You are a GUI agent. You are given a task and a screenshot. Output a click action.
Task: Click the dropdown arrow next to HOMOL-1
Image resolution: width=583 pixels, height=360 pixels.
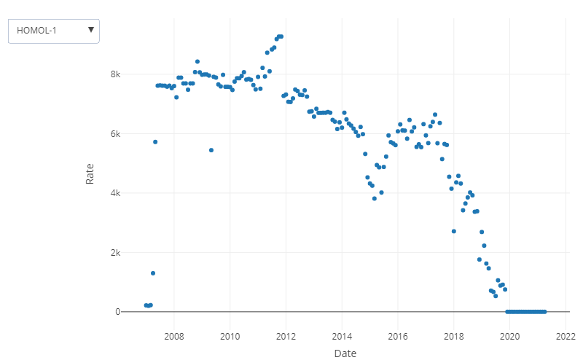click(x=90, y=30)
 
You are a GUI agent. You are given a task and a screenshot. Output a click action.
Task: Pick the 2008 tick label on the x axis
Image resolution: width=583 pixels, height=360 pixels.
click(x=174, y=336)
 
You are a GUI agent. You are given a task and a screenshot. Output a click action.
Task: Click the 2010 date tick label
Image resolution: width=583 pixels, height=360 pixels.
click(x=230, y=336)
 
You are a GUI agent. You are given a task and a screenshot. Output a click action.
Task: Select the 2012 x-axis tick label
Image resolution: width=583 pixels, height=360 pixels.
click(x=286, y=336)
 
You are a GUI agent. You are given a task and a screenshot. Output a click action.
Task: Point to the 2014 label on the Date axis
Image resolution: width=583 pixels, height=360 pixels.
click(x=342, y=336)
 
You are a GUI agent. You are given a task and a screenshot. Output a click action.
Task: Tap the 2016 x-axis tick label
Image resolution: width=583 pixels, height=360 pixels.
click(x=398, y=336)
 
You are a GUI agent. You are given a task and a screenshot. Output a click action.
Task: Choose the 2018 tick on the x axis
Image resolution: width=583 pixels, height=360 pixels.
click(x=454, y=336)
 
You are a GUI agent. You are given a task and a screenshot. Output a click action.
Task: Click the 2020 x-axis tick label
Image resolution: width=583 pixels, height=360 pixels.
click(x=510, y=336)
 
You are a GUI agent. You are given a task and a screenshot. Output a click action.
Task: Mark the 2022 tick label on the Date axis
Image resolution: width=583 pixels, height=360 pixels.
click(x=566, y=336)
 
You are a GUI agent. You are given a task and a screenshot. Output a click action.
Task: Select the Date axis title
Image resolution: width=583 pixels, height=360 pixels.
click(x=345, y=353)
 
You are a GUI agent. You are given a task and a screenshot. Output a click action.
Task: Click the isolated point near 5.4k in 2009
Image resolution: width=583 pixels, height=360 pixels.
click(x=211, y=150)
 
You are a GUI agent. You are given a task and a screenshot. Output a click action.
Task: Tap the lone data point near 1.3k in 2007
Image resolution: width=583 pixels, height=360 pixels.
click(x=153, y=273)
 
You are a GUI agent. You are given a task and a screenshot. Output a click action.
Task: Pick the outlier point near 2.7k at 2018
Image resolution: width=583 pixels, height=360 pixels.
click(x=454, y=231)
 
